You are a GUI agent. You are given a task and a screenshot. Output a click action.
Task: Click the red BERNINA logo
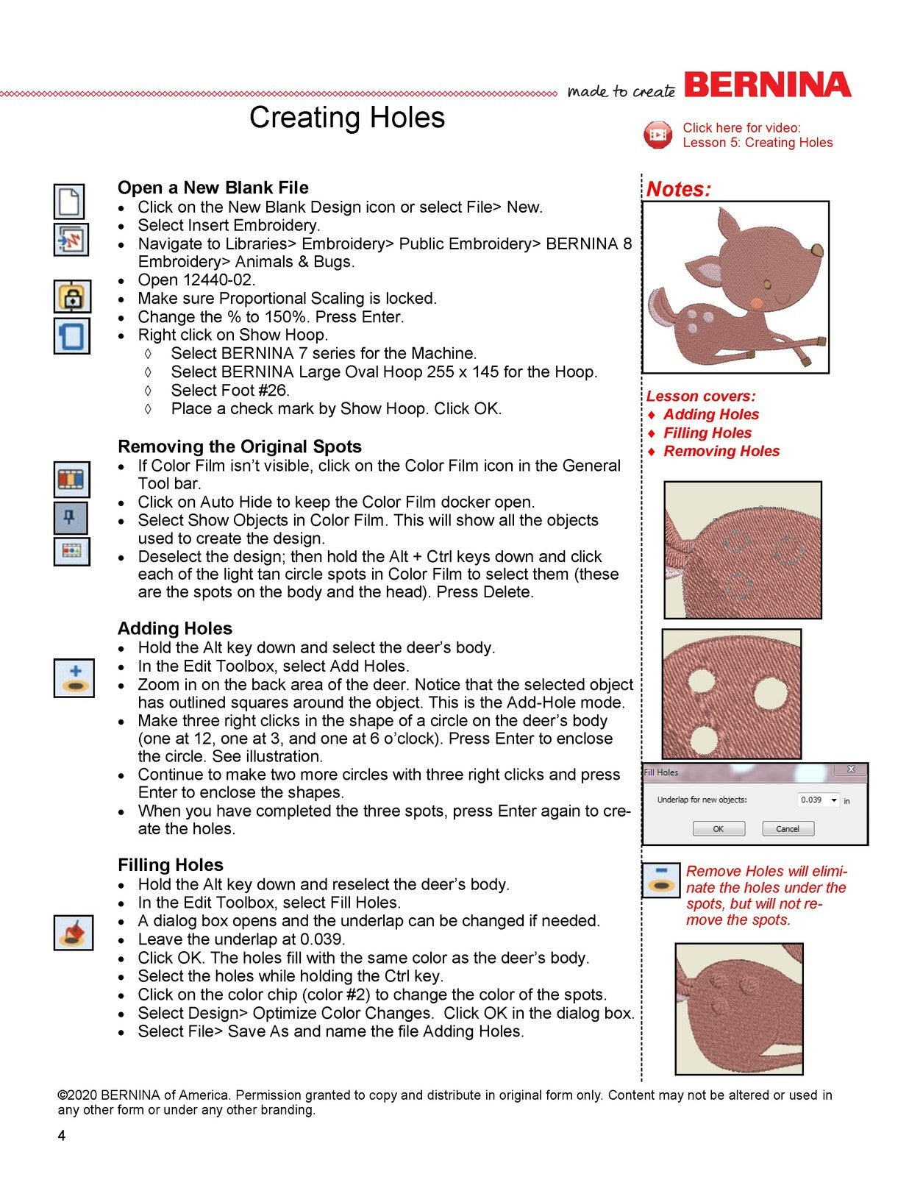(x=768, y=85)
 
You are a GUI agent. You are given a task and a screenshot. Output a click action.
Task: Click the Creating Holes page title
(x=346, y=118)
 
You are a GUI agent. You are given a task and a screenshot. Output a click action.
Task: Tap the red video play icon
(x=657, y=135)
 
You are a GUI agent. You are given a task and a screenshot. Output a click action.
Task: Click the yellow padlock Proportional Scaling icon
(x=72, y=297)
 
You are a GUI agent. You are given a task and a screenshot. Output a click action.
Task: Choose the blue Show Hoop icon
(x=72, y=336)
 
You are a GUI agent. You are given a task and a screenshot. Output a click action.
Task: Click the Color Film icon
(x=72, y=479)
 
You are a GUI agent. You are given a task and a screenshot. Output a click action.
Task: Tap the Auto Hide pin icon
(x=71, y=518)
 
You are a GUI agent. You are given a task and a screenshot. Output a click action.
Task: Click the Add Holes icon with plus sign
(x=74, y=678)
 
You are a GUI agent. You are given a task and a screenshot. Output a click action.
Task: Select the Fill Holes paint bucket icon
(x=74, y=933)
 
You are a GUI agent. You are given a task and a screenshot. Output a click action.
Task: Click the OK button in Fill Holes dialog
(x=719, y=828)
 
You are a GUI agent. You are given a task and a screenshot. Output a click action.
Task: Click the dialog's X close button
(x=851, y=769)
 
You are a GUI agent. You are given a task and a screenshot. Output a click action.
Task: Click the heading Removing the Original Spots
(x=240, y=447)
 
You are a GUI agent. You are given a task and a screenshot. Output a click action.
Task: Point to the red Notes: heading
(x=678, y=189)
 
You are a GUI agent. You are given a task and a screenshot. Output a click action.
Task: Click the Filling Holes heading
(x=171, y=864)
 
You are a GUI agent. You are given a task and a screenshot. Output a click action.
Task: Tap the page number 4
(x=62, y=1136)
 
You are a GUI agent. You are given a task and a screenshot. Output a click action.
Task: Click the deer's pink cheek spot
(x=757, y=302)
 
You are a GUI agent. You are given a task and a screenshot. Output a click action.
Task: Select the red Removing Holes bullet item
(x=721, y=451)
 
